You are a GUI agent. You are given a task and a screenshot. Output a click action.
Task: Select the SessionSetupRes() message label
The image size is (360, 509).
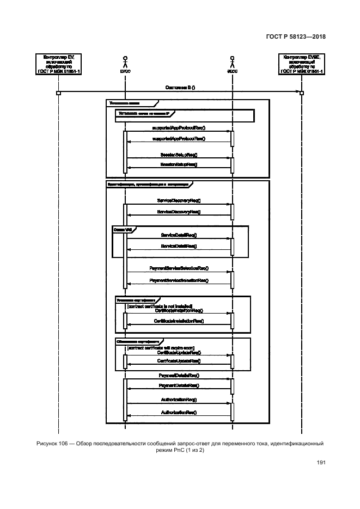point(179,164)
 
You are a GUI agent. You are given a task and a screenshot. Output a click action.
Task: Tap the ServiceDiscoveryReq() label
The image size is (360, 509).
point(179,201)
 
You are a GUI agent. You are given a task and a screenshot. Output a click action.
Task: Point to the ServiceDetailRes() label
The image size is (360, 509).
point(179,246)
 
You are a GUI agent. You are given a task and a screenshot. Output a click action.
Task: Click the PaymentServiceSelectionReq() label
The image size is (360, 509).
point(179,268)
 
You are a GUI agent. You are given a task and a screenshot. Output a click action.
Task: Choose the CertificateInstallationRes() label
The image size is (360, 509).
point(179,322)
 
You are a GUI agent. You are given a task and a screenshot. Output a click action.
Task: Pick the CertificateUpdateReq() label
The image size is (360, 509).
point(179,353)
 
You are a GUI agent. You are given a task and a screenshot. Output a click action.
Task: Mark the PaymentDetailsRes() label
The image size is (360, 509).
point(179,385)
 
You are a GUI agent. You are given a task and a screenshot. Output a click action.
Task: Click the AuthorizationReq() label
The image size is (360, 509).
point(179,399)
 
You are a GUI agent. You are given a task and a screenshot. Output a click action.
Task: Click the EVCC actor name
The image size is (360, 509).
point(125,70)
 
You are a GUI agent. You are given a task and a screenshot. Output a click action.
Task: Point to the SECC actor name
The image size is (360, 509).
point(232,70)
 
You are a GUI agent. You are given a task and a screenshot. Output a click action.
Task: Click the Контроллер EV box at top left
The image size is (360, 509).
point(58,64)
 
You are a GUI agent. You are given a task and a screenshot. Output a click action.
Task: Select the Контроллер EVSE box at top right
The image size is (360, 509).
point(302,64)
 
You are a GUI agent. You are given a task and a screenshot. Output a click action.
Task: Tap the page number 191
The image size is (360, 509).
point(321,463)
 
